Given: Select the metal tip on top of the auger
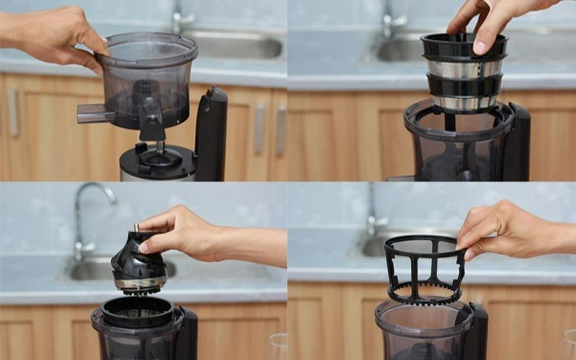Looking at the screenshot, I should [135, 229].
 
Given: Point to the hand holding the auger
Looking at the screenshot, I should [194, 234].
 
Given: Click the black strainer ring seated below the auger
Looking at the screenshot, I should [137, 311].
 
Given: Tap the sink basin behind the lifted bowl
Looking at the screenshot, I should [238, 47].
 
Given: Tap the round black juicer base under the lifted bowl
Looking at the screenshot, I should [158, 163].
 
